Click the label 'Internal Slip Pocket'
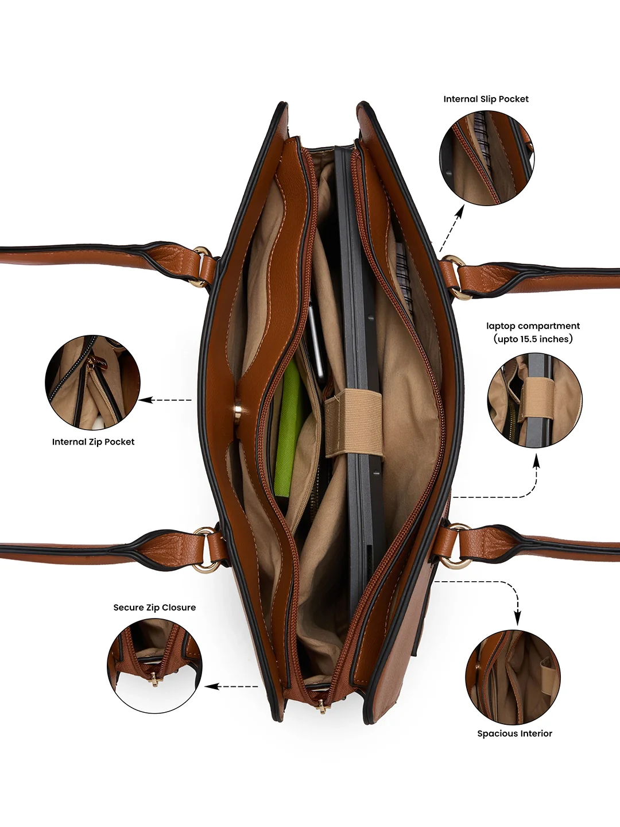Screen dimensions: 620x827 (486, 99)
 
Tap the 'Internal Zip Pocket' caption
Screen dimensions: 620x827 (93, 442)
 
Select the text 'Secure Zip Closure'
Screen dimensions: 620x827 (154, 608)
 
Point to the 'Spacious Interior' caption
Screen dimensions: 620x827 (514, 733)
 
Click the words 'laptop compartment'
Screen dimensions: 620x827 (533, 326)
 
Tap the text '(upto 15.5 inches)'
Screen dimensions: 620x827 (533, 339)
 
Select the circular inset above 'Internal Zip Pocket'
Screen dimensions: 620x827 (92, 382)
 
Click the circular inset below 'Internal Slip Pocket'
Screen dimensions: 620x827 (486, 158)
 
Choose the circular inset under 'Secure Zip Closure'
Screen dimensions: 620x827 (155, 666)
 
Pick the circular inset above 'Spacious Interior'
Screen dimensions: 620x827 (513, 677)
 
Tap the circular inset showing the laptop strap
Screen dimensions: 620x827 (534, 400)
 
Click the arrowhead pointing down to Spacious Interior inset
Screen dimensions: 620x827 (518, 620)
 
